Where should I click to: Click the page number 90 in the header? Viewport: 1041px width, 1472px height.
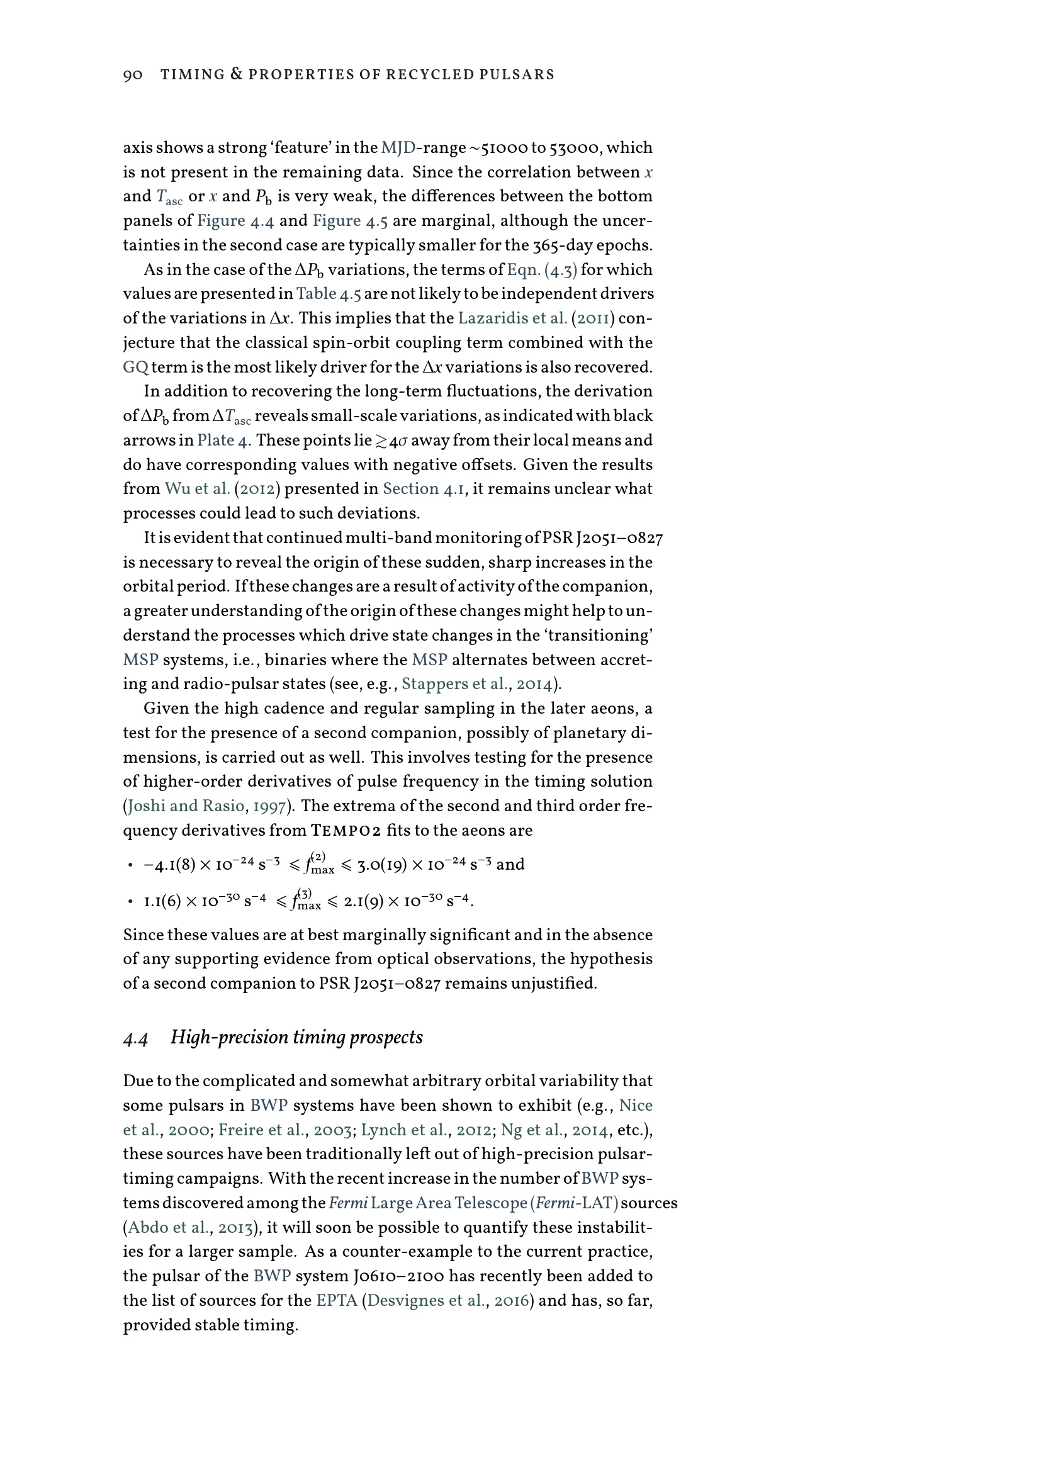pyautogui.click(x=133, y=75)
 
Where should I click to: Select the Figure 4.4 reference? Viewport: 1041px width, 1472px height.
pyautogui.click(x=235, y=220)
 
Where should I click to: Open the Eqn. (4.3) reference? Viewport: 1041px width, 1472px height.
pyautogui.click(x=542, y=269)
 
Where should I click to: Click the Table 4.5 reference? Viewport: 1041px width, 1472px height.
pyautogui.click(x=329, y=294)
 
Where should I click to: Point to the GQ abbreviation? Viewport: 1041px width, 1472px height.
pyautogui.click(x=135, y=368)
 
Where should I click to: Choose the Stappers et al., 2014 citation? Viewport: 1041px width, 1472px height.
pyautogui.click(x=476, y=684)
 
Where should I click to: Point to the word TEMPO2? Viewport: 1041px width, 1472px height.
pyautogui.click(x=346, y=831)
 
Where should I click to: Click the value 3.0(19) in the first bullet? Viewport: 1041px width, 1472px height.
pyautogui.click(x=383, y=865)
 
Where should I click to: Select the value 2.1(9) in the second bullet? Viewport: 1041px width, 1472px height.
pyautogui.click(x=363, y=901)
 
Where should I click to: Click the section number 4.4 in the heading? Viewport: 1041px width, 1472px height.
pyautogui.click(x=135, y=1038)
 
